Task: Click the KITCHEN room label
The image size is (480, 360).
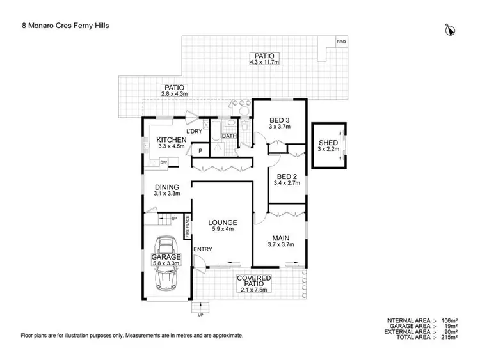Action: point(172,140)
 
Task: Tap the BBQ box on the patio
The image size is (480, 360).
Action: point(341,42)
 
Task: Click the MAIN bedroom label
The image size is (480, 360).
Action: point(279,236)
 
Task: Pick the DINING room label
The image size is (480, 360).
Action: point(166,187)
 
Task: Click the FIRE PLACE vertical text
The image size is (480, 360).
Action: point(188,228)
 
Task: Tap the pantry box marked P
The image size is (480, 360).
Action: point(200,150)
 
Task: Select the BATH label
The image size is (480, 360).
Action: point(229,136)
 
